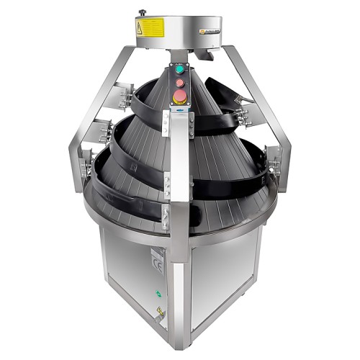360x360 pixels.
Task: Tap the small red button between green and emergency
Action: coord(178,81)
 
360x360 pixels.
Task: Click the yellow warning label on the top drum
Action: coord(139,29)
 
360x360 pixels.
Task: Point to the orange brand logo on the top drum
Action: coord(212,32)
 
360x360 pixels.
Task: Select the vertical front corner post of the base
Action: coord(172,295)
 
